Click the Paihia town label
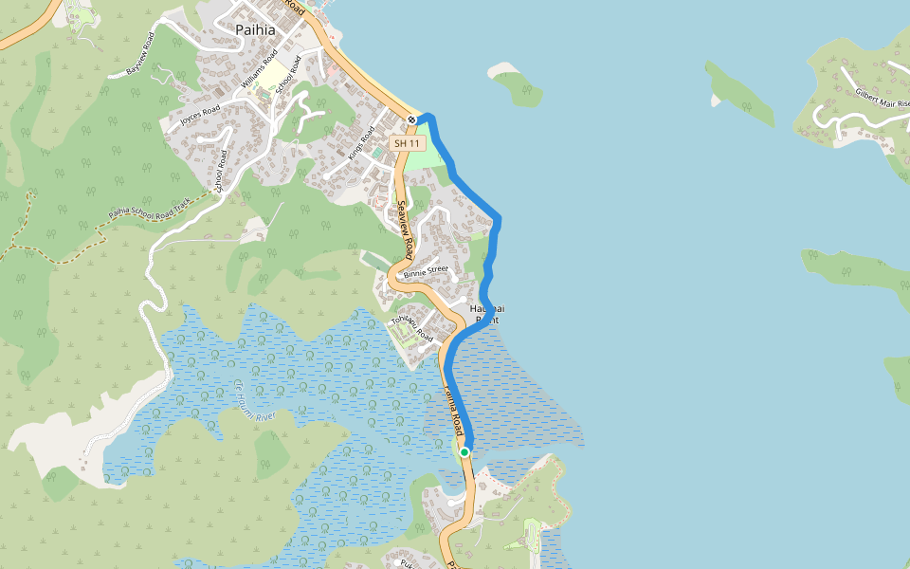pos(255,29)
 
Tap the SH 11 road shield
pos(407,142)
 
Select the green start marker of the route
pos(464,452)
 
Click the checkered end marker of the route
pos(412,119)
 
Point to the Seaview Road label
pos(405,229)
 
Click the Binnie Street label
pos(425,270)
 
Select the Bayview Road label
pos(139,53)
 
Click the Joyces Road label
pos(200,116)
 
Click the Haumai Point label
pos(487,315)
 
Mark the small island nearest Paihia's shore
pos(518,85)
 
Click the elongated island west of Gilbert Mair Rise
pos(740,95)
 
